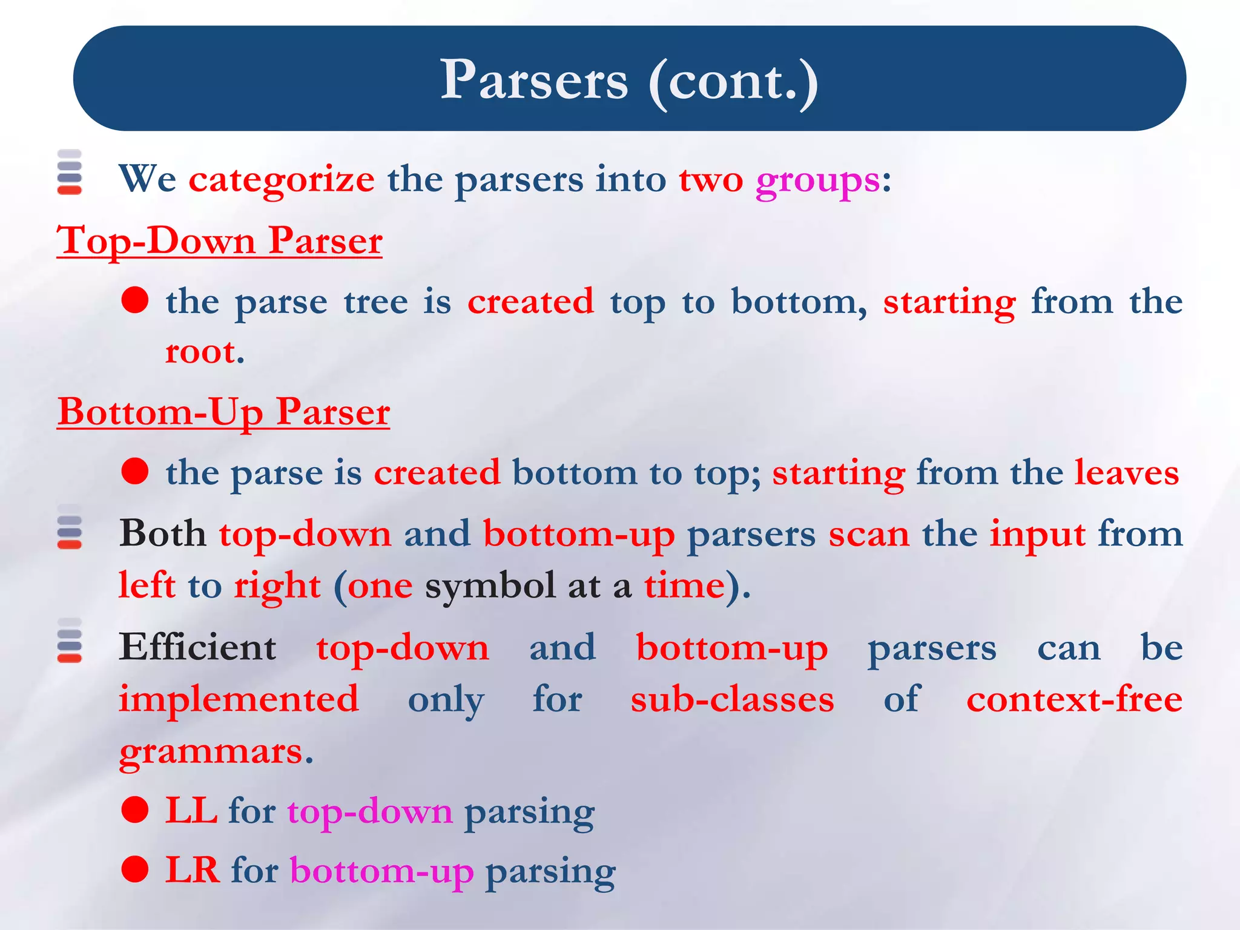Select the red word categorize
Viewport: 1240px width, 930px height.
pyautogui.click(x=282, y=180)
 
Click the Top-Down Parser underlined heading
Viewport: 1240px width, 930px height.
pyautogui.click(x=219, y=240)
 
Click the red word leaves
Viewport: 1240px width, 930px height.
pyautogui.click(x=1127, y=473)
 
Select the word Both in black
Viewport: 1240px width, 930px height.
pyautogui.click(x=162, y=534)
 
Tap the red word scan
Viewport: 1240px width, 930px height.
pyautogui.click(x=868, y=535)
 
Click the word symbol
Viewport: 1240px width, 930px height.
pyautogui.click(x=490, y=586)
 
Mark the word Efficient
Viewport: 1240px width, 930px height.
pyautogui.click(x=197, y=647)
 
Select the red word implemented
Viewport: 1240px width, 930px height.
pyautogui.click(x=239, y=700)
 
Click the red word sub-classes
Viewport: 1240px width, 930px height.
pyautogui.click(x=732, y=699)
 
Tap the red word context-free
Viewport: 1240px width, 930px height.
pyautogui.click(x=1074, y=699)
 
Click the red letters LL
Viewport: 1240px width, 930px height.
pyautogui.click(x=191, y=811)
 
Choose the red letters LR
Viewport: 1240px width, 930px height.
pyautogui.click(x=193, y=870)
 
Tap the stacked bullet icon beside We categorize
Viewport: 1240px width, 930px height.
pyautogui.click(x=70, y=172)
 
